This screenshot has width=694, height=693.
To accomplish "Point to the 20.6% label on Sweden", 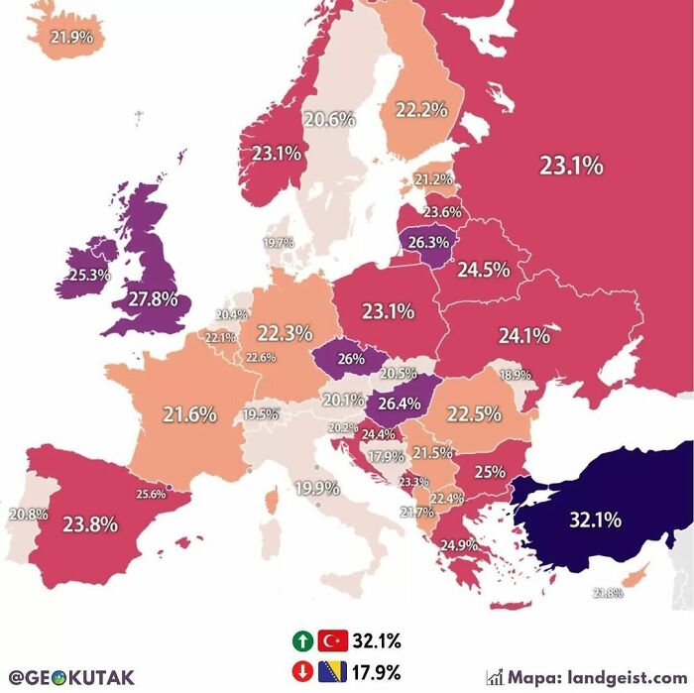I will pos(329,119).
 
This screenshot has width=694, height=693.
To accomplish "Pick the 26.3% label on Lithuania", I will pos(428,241).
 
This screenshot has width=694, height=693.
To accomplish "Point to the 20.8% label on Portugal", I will pos(28,515).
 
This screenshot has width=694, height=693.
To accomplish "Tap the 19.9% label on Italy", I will pos(316,488).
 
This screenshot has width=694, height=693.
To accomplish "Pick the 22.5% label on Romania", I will pos(473,414).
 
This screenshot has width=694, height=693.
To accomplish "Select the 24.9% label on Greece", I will pos(459,544).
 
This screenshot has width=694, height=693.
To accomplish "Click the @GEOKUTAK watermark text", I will pos(71,678).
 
